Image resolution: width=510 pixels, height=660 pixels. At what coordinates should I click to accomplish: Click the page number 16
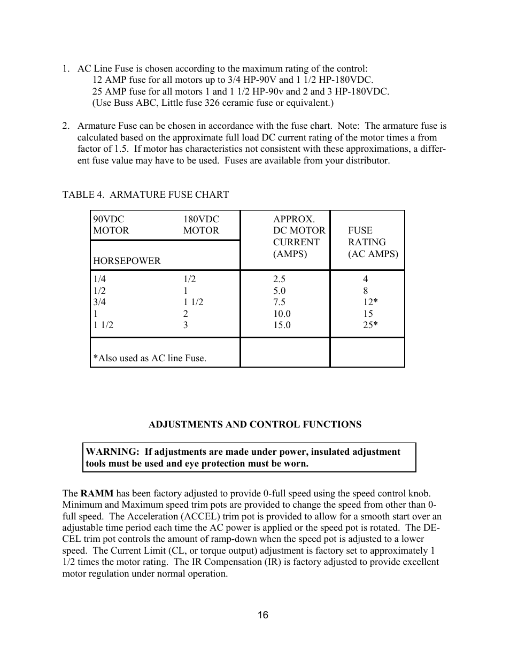coord(262,615)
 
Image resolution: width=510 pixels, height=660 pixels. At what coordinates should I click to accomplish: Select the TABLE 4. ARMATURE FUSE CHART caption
coord(145,195)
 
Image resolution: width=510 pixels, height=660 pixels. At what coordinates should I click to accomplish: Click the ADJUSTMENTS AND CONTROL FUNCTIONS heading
coord(254,424)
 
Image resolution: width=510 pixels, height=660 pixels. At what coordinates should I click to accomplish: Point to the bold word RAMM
coord(97,493)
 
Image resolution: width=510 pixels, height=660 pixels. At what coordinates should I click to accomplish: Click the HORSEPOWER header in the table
coord(127,261)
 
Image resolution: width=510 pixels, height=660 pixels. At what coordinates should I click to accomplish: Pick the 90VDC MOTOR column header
coord(111,224)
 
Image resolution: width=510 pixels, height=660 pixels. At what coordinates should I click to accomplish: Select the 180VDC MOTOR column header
coord(201,224)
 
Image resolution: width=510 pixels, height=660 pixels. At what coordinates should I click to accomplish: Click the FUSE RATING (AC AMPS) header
coord(373,242)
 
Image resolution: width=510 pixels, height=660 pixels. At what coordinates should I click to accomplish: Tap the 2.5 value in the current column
coord(279,279)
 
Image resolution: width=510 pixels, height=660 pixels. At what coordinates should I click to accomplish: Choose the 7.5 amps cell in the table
coord(279,302)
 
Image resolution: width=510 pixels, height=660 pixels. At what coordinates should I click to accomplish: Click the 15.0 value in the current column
coord(282,325)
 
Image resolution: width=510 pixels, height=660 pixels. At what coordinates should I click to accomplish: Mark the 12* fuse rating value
coord(370,302)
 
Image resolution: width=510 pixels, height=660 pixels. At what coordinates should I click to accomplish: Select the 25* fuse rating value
coord(370,325)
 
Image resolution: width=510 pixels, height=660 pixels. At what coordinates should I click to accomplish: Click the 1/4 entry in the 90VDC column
coord(99,279)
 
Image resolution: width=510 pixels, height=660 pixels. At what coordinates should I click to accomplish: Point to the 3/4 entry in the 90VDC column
coord(99,302)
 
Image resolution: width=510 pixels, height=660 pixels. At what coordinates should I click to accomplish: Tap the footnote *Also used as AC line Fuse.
coord(150,358)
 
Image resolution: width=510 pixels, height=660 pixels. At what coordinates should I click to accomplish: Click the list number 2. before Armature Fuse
coord(66,126)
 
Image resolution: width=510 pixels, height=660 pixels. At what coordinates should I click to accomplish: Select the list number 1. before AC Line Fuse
coord(66,68)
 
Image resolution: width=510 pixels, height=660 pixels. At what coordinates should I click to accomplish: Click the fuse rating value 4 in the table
coord(366,279)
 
